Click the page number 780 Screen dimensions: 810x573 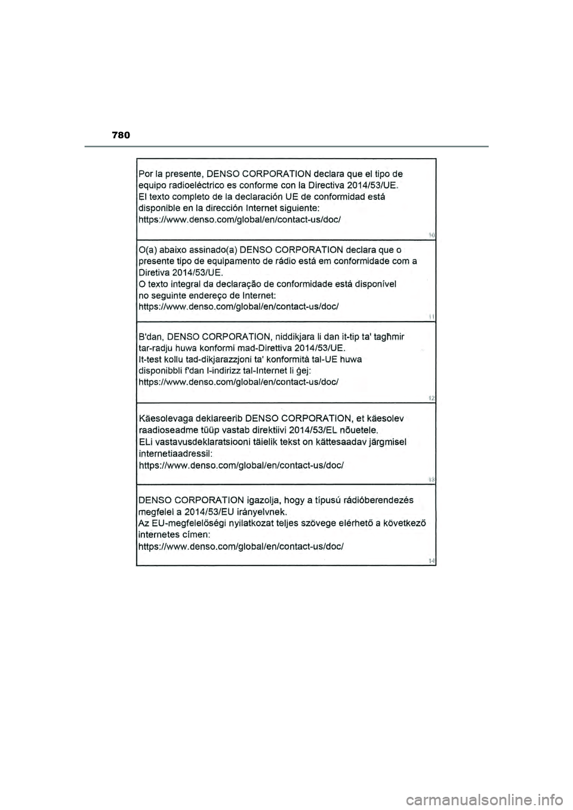coord(120,136)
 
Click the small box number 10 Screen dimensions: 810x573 coord(431,236)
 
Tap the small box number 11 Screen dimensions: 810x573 coord(431,317)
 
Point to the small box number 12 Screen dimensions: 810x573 coord(431,397)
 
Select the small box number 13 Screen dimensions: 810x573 coord(431,479)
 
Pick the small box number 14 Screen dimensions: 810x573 coord(431,560)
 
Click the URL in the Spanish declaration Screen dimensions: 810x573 coord(239,219)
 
